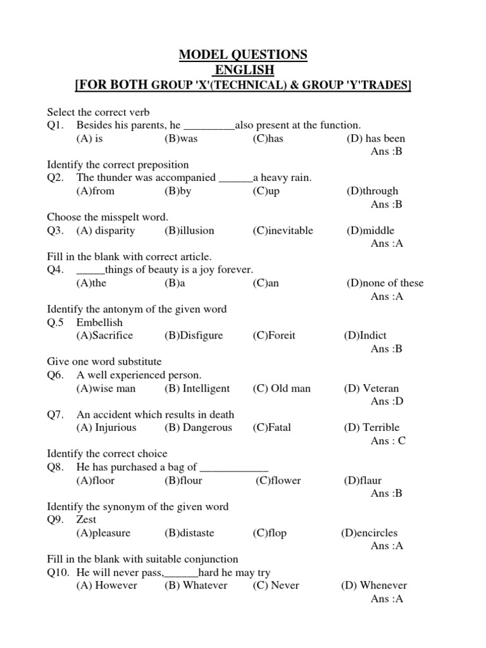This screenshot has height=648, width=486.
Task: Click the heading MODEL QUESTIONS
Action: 243,55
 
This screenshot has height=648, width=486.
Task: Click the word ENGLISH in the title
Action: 243,70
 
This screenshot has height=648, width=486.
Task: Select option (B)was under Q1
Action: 181,139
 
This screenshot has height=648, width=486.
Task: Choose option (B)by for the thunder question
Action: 178,191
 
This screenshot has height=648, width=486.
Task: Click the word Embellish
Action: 99,323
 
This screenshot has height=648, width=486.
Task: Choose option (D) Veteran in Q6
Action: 371,389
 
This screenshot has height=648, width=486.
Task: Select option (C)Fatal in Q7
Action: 271,428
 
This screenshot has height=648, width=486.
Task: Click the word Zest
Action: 87,520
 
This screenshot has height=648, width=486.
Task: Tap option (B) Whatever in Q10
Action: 196,585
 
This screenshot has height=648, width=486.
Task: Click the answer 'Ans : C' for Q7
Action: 388,441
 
